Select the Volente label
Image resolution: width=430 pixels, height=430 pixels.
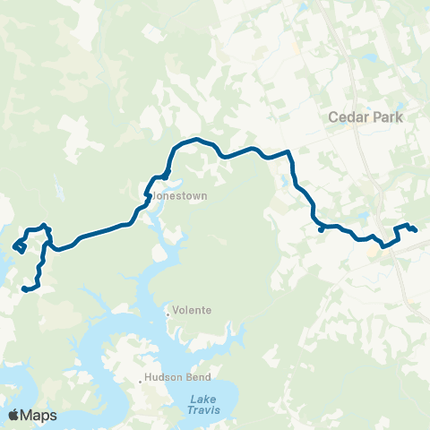click(192, 310)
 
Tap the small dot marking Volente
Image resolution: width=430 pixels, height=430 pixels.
click(168, 312)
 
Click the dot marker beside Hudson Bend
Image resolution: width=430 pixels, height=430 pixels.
click(141, 380)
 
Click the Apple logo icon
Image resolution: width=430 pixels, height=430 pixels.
click(13, 415)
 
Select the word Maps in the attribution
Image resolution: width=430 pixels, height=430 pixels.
click(39, 415)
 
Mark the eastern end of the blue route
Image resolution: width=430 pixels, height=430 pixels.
click(416, 231)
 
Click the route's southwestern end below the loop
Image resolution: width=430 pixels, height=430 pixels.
click(23, 288)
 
